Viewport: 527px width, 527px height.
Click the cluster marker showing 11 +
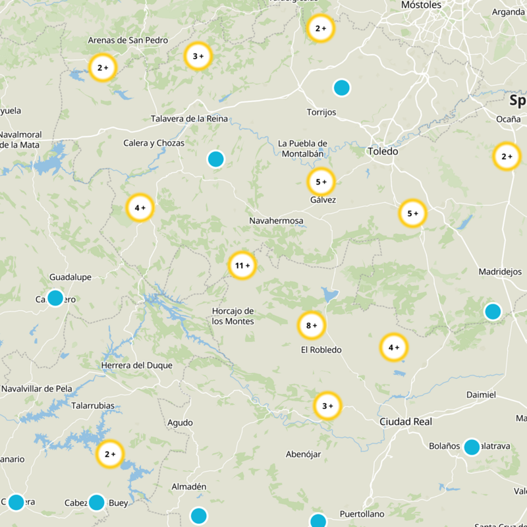tap(242, 265)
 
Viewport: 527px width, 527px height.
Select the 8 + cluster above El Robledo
tap(312, 325)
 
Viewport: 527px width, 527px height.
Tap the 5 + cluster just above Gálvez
tap(321, 182)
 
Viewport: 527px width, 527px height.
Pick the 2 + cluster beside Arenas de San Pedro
tap(103, 68)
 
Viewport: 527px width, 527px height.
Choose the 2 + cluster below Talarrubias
tap(110, 454)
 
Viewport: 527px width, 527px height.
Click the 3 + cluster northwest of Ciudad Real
tap(327, 406)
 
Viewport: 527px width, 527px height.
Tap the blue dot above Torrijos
tap(341, 88)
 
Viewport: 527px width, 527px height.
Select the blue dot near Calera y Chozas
tap(215, 159)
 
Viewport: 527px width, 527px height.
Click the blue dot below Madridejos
tap(493, 312)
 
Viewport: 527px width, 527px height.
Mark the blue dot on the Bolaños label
tap(472, 447)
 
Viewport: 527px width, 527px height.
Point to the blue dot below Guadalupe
tap(55, 298)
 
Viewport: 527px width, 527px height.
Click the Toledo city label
tap(383, 152)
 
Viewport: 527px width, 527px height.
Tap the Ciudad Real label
tap(405, 422)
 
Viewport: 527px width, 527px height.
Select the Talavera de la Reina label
tap(189, 119)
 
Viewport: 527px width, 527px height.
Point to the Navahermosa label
tap(277, 221)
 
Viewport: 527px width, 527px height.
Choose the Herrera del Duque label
tap(137, 366)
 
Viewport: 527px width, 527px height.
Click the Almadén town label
tap(190, 487)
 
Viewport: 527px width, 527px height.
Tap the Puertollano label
tap(361, 513)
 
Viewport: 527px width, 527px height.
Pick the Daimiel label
tap(480, 395)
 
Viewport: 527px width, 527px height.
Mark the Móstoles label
tap(421, 5)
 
